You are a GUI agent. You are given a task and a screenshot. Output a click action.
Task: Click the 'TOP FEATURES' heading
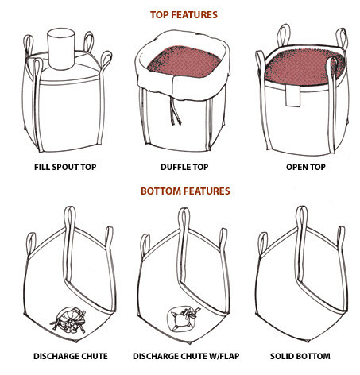tap(184, 15)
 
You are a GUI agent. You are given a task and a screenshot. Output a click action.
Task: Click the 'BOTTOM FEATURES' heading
tap(185, 191)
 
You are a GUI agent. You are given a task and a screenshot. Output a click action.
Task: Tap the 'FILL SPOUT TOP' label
tap(65, 167)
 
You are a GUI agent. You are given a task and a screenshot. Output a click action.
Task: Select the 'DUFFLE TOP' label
tap(184, 167)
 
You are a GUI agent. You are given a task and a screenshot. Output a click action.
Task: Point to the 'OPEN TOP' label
tap(306, 167)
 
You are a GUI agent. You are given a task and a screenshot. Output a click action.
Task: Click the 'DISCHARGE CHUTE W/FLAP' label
tap(186, 356)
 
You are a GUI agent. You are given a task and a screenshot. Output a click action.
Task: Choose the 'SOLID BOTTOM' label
tap(300, 356)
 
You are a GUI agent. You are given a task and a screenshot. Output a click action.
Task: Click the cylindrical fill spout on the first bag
tap(61, 49)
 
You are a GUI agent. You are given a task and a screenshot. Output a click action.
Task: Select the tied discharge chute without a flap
tap(69, 319)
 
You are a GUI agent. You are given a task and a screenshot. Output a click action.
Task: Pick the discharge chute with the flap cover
tap(184, 319)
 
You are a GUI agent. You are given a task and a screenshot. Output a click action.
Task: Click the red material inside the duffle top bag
tap(184, 61)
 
